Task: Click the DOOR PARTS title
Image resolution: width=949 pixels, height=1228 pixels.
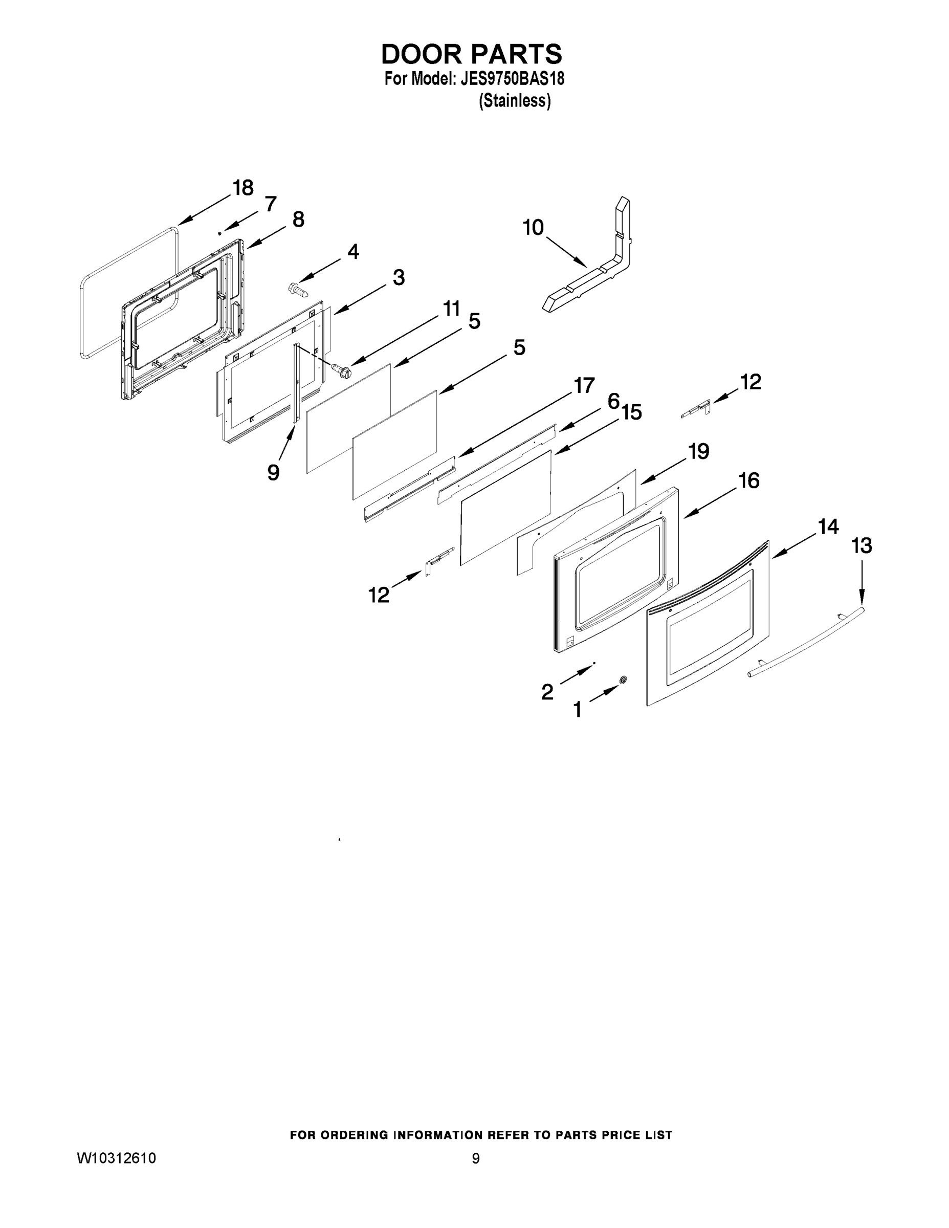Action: pyautogui.click(x=471, y=54)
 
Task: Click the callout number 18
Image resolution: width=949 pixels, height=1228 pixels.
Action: pyautogui.click(x=243, y=188)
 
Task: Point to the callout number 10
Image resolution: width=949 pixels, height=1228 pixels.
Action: pyautogui.click(x=533, y=228)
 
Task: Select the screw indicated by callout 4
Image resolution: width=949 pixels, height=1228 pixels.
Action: pyautogui.click(x=297, y=289)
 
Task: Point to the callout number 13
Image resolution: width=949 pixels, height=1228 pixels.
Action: pyautogui.click(x=862, y=545)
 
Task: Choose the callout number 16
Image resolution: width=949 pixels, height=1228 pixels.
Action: pyautogui.click(x=749, y=481)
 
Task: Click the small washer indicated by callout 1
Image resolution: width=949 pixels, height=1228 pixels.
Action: pyautogui.click(x=623, y=680)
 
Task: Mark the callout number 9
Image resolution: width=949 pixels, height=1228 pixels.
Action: pyautogui.click(x=273, y=472)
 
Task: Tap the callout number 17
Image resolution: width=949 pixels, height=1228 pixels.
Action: pyautogui.click(x=584, y=386)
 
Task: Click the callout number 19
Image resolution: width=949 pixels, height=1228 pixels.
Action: pyautogui.click(x=699, y=451)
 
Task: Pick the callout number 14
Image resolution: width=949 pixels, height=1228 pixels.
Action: pyautogui.click(x=828, y=527)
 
